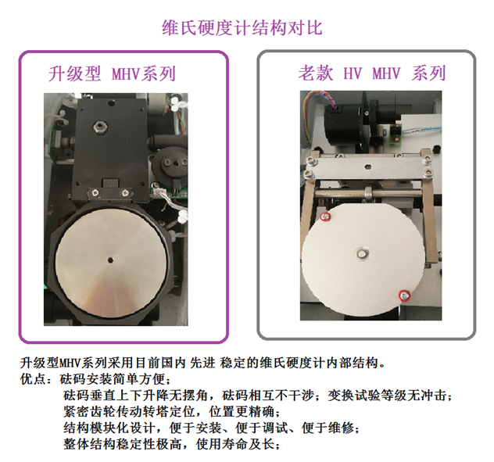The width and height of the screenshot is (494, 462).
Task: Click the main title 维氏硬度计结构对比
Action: click(242, 28)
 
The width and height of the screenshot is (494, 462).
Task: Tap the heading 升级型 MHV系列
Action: click(112, 74)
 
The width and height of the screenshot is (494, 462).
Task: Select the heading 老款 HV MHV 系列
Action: click(372, 73)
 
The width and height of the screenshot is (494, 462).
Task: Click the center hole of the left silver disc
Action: click(110, 260)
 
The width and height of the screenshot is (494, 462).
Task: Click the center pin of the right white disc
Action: click(362, 253)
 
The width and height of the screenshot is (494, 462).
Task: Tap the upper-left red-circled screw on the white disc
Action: click(325, 217)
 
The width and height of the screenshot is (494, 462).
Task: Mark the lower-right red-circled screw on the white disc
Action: click(405, 295)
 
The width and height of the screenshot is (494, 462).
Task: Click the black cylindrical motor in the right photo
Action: click(343, 125)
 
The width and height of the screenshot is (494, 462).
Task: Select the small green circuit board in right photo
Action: click(396, 134)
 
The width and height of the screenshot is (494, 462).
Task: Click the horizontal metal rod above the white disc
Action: click(368, 193)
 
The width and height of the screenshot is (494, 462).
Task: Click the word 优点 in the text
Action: click(33, 378)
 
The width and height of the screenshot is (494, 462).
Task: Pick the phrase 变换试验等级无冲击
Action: click(387, 395)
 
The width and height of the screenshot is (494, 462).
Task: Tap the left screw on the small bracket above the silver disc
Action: click(94, 192)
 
